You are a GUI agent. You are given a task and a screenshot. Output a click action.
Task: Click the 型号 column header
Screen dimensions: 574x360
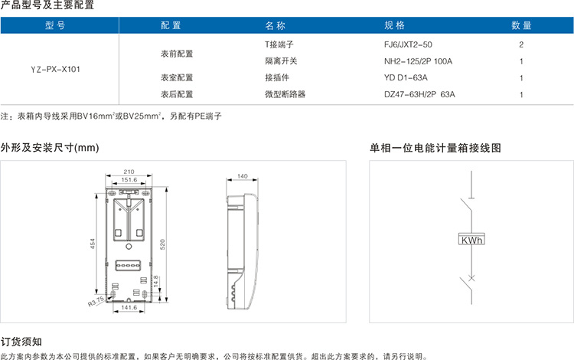55,25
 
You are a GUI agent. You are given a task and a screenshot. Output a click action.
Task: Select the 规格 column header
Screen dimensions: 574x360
394,25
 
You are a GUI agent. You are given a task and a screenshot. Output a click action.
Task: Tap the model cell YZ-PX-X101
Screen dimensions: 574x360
55,69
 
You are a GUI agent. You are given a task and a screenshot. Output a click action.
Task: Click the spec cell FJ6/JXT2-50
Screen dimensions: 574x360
408,44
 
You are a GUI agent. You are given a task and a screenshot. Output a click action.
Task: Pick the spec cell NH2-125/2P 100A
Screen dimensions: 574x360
418,61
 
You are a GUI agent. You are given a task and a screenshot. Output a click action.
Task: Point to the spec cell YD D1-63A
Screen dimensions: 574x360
406,77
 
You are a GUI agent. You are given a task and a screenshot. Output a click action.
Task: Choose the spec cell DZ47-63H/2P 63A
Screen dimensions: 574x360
419,94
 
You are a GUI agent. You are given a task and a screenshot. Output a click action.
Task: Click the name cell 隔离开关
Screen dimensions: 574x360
281,61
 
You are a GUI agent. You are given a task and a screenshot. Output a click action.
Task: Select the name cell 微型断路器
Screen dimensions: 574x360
285,94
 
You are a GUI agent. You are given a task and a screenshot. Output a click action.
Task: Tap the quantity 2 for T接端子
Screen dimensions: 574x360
521,44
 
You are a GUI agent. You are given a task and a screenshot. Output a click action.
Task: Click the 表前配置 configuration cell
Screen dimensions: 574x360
177,54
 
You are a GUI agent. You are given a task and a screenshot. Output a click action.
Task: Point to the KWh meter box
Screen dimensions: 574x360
471,239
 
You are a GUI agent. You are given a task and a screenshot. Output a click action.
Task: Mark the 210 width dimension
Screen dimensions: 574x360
129,172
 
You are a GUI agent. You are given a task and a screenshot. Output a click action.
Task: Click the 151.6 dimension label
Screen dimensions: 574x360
129,180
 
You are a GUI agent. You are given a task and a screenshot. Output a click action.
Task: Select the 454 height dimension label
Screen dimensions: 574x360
93,244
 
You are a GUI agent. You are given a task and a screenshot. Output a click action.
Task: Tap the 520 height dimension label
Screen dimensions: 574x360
162,244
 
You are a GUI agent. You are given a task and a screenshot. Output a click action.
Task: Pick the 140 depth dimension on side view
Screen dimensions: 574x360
243,176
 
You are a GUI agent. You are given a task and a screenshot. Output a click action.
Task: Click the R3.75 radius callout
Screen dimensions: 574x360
96,301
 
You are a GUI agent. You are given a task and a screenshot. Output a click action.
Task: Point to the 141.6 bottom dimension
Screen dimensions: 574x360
129,308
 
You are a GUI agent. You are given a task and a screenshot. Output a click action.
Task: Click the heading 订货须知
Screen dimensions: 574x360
21,342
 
